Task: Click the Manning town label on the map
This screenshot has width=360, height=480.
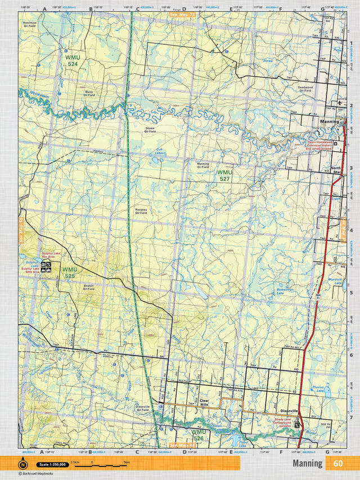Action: (x=329, y=122)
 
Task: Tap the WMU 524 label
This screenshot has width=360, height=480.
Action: (x=71, y=61)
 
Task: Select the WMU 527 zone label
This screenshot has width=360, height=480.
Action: (x=224, y=175)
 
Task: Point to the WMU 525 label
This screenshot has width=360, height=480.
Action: (x=69, y=273)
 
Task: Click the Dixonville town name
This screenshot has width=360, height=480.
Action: (x=292, y=411)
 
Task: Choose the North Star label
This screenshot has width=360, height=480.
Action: (x=336, y=170)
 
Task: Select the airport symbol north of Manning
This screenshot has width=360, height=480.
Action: (x=339, y=102)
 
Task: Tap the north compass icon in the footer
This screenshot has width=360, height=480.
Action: (x=23, y=464)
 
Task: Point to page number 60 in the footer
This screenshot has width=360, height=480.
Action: (x=337, y=464)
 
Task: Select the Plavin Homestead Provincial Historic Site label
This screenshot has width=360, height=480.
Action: (x=326, y=145)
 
